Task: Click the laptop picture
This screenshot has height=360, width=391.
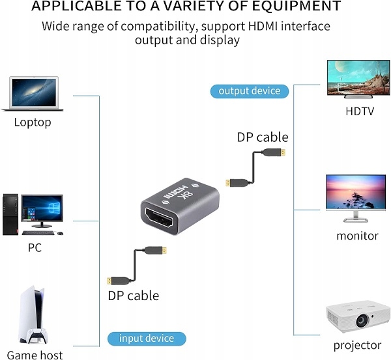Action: tap(32, 94)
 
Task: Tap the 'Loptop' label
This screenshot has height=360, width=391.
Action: tap(33, 122)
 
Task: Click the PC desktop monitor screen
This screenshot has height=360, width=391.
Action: tap(42, 209)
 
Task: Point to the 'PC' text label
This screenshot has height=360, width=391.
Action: tap(35, 248)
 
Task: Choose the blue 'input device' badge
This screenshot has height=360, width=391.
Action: tap(147, 339)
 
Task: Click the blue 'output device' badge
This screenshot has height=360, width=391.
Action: tap(249, 90)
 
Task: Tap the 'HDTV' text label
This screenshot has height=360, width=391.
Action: tap(360, 111)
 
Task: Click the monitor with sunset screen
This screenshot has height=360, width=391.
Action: tap(355, 193)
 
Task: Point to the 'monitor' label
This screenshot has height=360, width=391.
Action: tap(357, 236)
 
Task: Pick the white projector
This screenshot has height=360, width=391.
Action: tap(357, 319)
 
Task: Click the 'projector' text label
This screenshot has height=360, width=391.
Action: tap(357, 345)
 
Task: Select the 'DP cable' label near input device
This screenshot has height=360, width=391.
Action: tap(133, 296)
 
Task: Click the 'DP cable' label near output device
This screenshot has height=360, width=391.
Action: tap(263, 137)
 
